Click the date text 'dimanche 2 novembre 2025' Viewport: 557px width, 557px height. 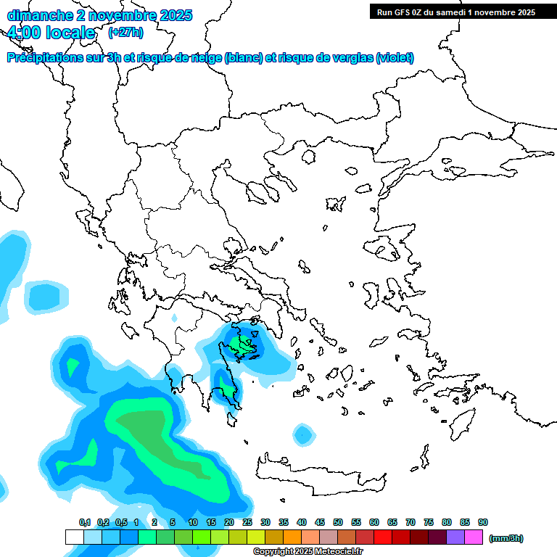coord(99,15)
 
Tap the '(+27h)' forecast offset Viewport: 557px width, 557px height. coord(125,33)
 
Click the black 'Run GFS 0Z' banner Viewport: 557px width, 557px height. coord(453,12)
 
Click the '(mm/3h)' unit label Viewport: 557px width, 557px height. coord(506,538)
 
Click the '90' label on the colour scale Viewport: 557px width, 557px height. coord(483,522)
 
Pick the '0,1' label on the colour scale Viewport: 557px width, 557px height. coord(85,522)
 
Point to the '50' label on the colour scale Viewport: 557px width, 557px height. coord(338,522)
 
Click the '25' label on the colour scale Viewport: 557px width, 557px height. coord(247,522)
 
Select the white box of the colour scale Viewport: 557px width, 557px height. coord(74,537)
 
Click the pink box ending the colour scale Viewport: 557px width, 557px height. coord(474,537)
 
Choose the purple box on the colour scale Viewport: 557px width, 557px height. coord(455,537)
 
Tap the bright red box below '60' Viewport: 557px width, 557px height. coord(383,537)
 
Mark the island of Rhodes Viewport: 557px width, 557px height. coord(461,424)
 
